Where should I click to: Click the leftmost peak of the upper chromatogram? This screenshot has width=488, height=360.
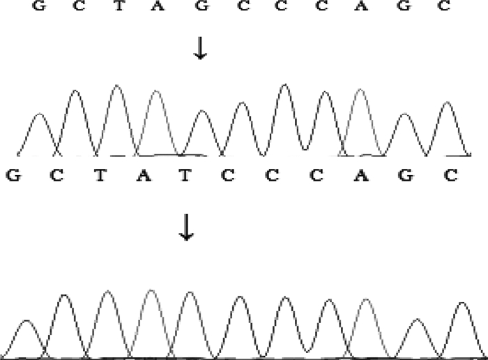39,115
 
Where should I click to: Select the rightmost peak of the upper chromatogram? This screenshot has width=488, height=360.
446,104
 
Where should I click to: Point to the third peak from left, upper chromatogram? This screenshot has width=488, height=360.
116,87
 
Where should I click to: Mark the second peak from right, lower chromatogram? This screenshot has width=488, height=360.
417,320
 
